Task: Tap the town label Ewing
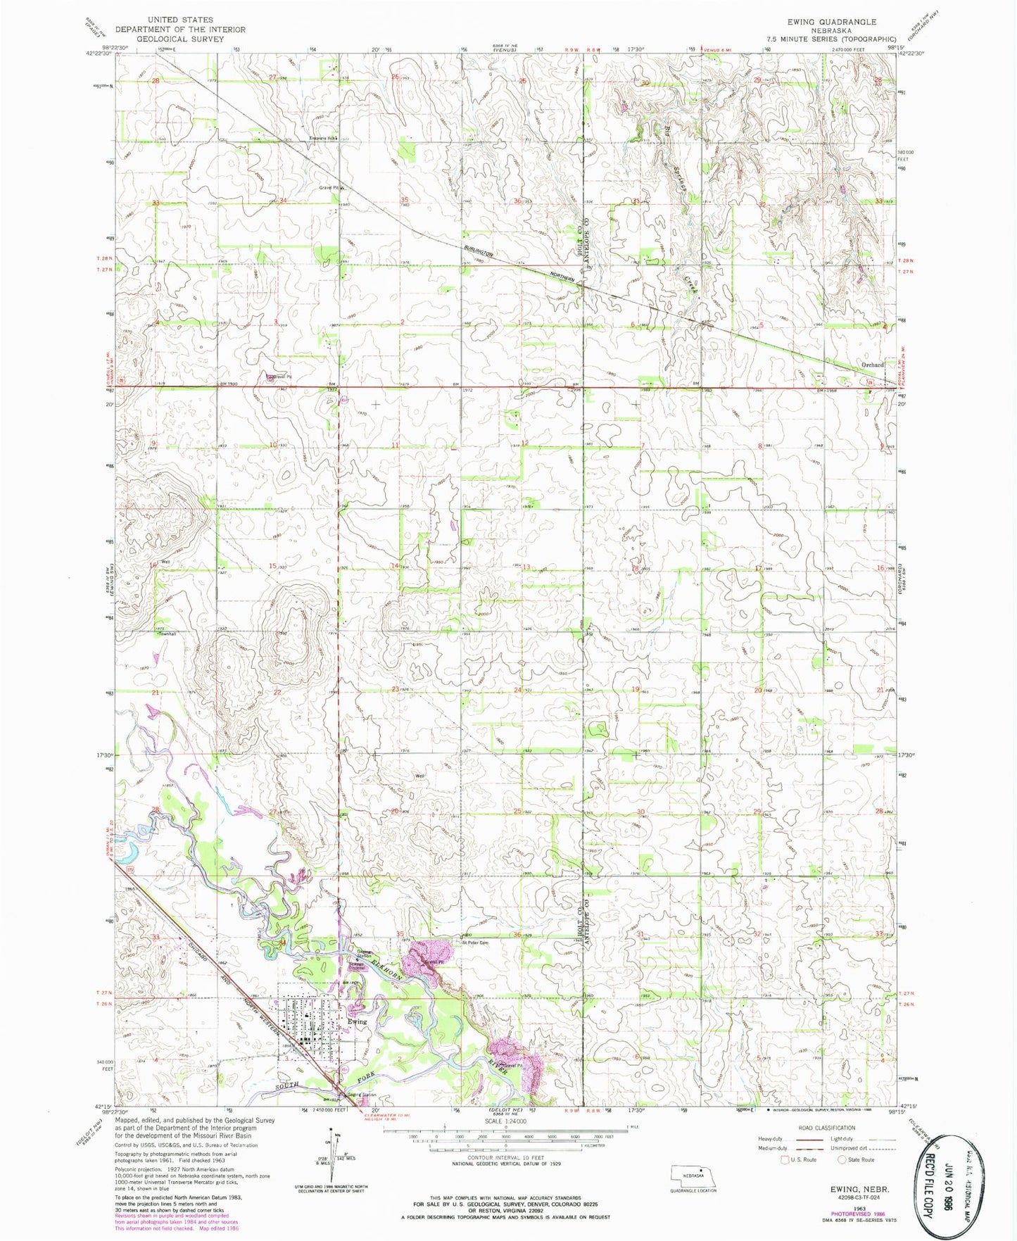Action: coord(357,1021)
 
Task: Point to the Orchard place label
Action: coord(872,365)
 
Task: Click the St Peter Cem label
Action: coord(475,942)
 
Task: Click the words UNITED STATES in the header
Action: coord(181,20)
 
